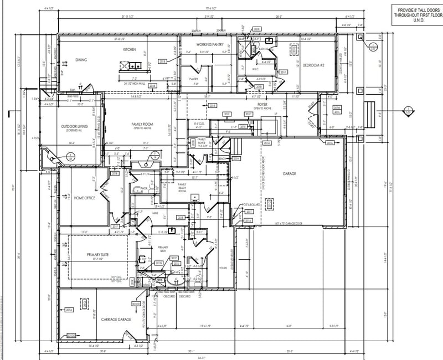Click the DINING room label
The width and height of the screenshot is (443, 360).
[x=81, y=60]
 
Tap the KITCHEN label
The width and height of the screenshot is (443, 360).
[x=130, y=50]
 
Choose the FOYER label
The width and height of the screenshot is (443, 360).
[x=261, y=104]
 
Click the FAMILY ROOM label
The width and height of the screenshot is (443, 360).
[x=142, y=125]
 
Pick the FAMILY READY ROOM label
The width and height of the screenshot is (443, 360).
[x=182, y=186]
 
